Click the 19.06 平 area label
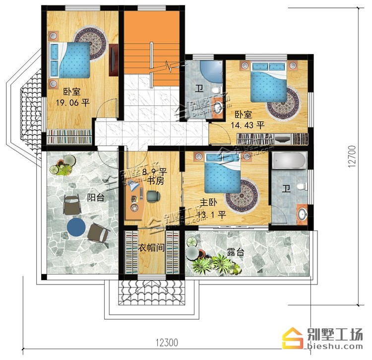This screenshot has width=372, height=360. click(x=72, y=103)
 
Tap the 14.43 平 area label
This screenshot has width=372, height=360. click(x=248, y=125)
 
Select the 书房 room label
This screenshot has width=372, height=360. click(x=156, y=181)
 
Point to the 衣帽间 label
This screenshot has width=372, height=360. click(x=151, y=248)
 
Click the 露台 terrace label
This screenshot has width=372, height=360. click(x=235, y=252)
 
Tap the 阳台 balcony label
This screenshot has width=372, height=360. click(x=96, y=198)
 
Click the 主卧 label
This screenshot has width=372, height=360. click(x=208, y=203)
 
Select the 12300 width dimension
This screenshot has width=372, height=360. click(x=167, y=343)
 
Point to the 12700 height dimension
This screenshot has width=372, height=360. click(x=352, y=156)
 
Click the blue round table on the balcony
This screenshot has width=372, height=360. click(x=76, y=227)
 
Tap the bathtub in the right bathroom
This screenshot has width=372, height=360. click(x=289, y=161)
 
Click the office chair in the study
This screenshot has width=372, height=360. click(x=153, y=196)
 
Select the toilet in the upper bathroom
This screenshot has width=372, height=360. click(x=217, y=90)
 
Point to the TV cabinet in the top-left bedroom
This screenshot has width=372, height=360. click(x=114, y=60)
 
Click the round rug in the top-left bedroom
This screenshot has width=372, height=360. click(x=90, y=44)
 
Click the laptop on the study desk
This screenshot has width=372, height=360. click(x=133, y=185)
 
